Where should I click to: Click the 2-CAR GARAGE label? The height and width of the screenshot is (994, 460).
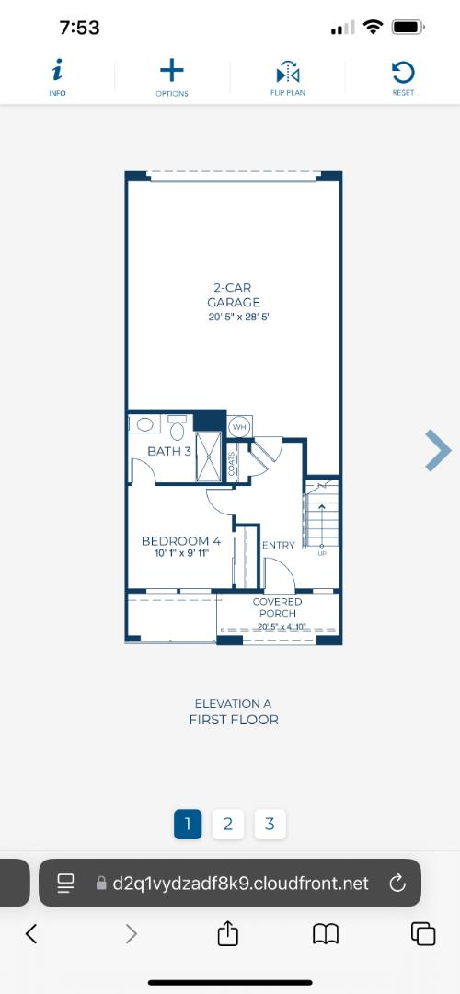(233, 295)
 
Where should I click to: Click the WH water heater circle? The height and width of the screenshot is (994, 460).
(239, 426)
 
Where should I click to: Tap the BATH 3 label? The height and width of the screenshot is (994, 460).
(170, 451)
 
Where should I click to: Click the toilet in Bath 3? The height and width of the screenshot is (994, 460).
(178, 428)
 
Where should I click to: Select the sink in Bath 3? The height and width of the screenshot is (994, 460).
(144, 425)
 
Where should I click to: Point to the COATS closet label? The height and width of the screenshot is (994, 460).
(231, 463)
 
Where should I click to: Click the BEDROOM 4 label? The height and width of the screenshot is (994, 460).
(180, 541)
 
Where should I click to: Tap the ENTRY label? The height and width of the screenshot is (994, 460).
(279, 545)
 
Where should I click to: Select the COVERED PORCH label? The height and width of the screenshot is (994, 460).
(278, 607)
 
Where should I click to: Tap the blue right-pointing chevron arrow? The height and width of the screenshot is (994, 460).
(438, 450)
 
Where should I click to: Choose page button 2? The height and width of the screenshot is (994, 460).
(227, 824)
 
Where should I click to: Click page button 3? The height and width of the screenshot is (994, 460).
(270, 824)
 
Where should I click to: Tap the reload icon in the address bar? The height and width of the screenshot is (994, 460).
(397, 884)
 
